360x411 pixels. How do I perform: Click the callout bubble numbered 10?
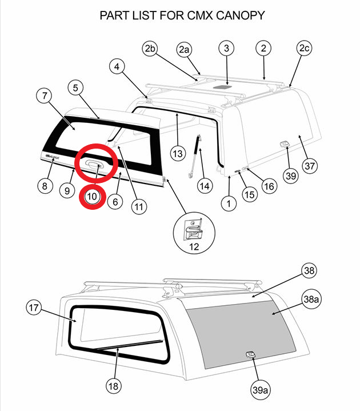point(93,197)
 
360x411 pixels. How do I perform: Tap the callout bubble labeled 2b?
point(150,49)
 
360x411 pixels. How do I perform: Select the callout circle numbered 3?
point(226,49)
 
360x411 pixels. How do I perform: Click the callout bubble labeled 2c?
point(304,49)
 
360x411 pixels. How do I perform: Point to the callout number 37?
point(309,166)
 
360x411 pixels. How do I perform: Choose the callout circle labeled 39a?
point(260,390)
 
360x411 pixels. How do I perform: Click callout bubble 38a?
point(311,299)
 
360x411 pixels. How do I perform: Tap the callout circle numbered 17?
point(34,308)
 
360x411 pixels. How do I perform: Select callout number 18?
point(114,386)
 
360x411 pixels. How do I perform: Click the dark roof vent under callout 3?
point(227,87)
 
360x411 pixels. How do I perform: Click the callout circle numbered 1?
point(229,203)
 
